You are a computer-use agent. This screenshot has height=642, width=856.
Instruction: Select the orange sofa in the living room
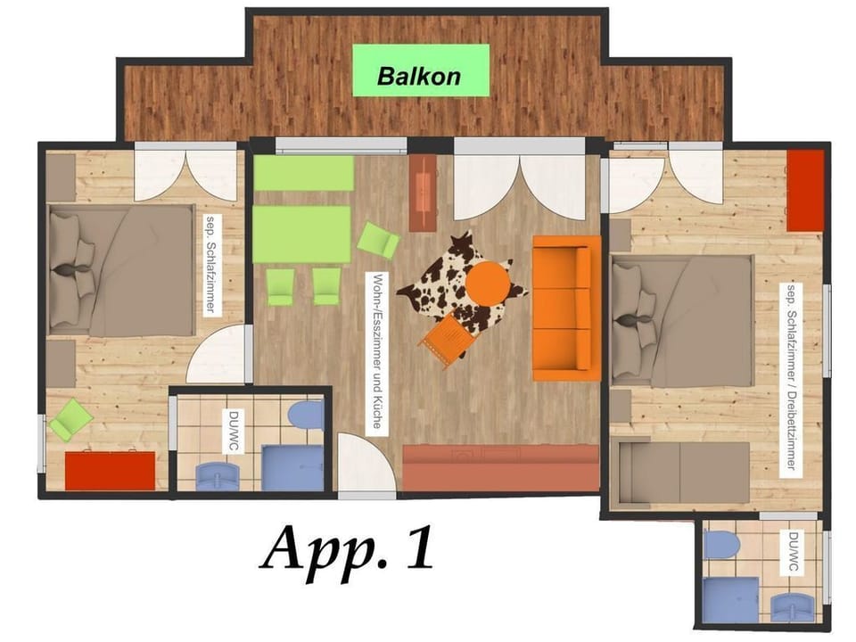coord(565,308)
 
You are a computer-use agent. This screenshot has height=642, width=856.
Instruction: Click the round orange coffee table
coord(488,284)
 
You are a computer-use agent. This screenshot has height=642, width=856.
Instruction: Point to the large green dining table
coord(301,234)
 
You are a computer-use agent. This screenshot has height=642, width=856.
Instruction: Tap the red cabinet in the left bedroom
coord(110,469)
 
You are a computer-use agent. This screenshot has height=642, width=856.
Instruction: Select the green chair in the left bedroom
coord(70,418)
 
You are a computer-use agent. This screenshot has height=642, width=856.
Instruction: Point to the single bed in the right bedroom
coord(683,472)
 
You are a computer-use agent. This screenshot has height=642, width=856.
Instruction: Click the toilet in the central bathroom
coord(306,415)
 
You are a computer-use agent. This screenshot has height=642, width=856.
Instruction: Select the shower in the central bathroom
coord(292,467)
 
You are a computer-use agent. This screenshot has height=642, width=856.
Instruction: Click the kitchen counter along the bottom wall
coord(500,467)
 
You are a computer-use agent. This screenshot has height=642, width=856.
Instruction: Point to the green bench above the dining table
coord(303,174)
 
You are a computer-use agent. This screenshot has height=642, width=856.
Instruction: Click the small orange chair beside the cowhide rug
coord(444,340)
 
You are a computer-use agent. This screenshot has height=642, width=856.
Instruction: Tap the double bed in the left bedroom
coord(120,270)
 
